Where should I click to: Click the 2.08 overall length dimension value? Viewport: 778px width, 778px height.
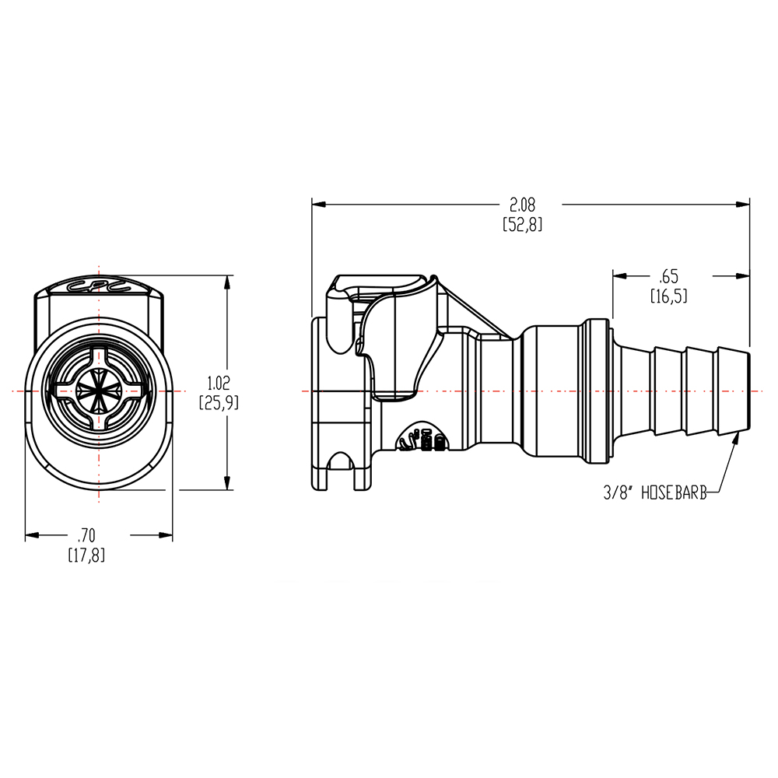pos(522,205)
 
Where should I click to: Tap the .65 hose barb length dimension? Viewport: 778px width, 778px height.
pos(668,276)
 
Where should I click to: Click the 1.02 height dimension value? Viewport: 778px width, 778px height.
pos(219,383)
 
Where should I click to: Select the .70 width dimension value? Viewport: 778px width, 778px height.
pos(86,535)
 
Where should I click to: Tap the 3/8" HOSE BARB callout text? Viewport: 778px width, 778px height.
pos(654,492)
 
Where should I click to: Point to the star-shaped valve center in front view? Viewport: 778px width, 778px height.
pos(100,390)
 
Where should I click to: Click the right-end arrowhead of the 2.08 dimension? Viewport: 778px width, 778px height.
pos(744,205)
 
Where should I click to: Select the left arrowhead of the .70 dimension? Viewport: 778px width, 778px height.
pos(32,535)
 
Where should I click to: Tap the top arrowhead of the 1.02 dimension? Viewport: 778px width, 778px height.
pos(227,282)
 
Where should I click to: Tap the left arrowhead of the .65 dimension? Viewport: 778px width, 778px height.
pos(619,275)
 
